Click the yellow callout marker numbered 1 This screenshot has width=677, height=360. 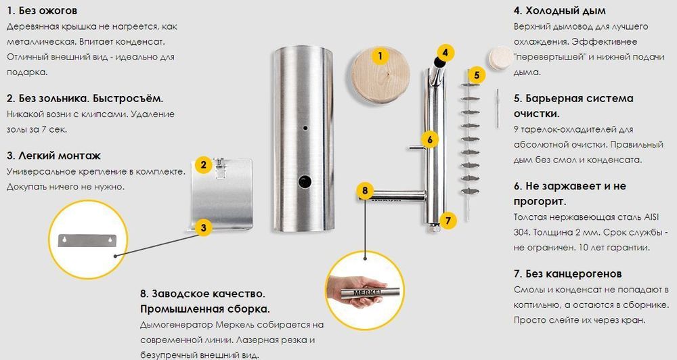[380, 55]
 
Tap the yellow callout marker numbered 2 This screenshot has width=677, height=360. [203, 164]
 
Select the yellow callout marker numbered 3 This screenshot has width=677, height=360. [203, 227]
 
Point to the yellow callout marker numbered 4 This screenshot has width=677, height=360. [445, 53]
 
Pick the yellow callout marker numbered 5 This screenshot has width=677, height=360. [477, 74]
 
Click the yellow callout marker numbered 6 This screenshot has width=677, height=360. [430, 139]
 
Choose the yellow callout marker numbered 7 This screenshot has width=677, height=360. [447, 221]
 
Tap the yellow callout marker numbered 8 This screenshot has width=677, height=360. [366, 190]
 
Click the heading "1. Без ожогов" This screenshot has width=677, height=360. [42, 11]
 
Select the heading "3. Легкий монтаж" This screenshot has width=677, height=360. [53, 156]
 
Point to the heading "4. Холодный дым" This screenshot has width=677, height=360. [560, 11]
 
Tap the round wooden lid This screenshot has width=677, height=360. [380, 75]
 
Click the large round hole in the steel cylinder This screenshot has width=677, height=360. [305, 181]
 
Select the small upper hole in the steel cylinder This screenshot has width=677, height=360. [305, 128]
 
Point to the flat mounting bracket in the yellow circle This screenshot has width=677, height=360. [88, 240]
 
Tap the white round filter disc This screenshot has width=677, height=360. [500, 58]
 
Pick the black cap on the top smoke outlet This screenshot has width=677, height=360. [439, 63]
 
